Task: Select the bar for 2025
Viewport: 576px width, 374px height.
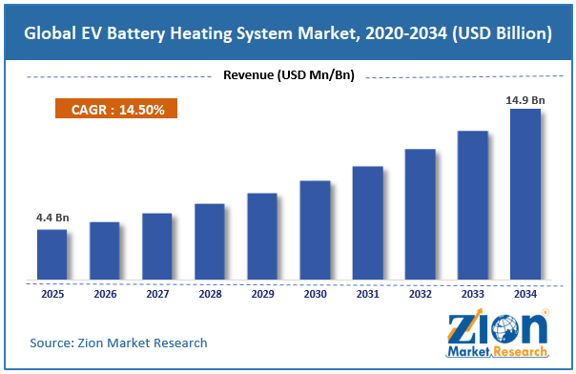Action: pos(52,254)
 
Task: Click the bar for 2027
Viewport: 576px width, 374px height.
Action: pos(157,246)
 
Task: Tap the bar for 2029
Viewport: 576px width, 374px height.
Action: pos(262,237)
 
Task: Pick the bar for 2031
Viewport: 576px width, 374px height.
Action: pos(368,222)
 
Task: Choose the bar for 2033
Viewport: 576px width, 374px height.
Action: pos(473,205)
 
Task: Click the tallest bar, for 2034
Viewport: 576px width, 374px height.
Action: pos(525,194)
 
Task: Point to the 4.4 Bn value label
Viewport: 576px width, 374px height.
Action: pos(52,218)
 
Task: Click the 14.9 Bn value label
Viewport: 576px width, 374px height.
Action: pos(525,100)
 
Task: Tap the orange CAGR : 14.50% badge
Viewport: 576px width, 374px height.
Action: pos(116,109)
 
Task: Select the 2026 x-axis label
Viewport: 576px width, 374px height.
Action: pos(105,294)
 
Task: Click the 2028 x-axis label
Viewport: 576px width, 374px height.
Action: pos(210,294)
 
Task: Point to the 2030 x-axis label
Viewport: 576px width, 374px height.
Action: pos(316,294)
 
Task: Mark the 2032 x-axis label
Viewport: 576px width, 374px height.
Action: pos(421,294)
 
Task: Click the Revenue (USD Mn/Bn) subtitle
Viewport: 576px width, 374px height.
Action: pos(289,75)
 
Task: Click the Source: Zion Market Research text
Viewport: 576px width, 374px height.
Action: pos(118,343)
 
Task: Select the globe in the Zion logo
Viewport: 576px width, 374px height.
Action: pos(505,329)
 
